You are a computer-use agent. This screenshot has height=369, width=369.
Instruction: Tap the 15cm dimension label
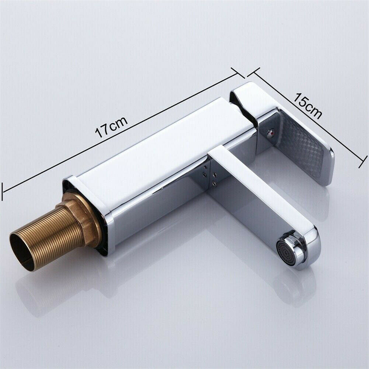[x=308, y=106]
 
